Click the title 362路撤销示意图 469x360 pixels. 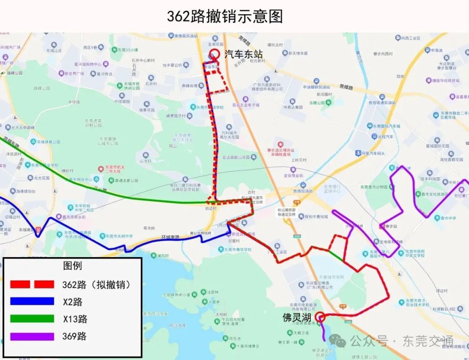pyautogui.click(x=225, y=16)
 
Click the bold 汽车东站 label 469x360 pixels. pyautogui.click(x=244, y=54)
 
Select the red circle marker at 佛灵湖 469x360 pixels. pyautogui.click(x=320, y=317)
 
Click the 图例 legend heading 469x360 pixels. pyautogui.click(x=72, y=266)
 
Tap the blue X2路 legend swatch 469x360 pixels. pyautogui.click(x=32, y=301)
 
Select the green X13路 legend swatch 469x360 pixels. pyautogui.click(x=32, y=319)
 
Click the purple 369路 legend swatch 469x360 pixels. pyautogui.click(x=32, y=336)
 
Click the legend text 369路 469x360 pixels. pyautogui.click(x=74, y=336)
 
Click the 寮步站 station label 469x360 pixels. pyautogui.click(x=391, y=226)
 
